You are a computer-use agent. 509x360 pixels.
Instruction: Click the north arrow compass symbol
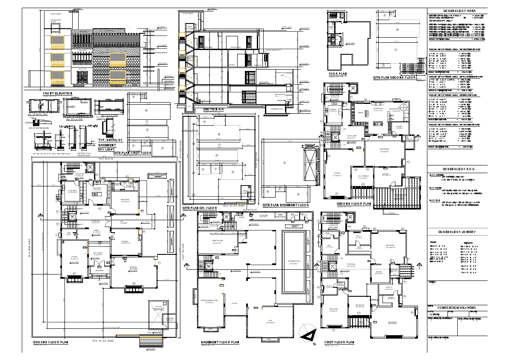tap(308, 333)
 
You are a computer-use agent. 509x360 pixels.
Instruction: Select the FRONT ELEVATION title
tap(58, 93)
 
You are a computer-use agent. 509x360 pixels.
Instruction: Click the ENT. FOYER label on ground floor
tap(98, 253)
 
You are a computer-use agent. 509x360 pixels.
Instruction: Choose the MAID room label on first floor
tap(329, 245)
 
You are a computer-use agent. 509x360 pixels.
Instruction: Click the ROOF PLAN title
tap(337, 74)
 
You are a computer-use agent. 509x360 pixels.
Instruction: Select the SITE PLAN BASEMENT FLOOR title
tap(285, 205)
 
